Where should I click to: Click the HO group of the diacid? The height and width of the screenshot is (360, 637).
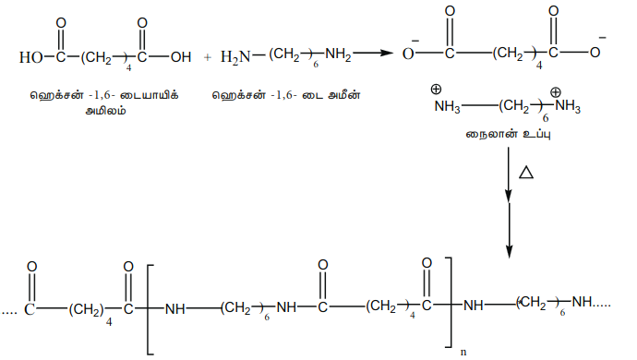(30, 57)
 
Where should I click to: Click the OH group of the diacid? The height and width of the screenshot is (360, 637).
(181, 57)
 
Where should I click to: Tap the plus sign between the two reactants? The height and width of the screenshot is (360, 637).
(208, 58)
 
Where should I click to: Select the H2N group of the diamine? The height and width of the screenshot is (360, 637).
(235, 57)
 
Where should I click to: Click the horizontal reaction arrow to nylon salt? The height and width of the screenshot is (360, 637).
(373, 53)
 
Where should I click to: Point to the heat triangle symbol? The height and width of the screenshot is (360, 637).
(526, 173)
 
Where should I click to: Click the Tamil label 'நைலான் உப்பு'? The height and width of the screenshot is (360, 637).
(509, 134)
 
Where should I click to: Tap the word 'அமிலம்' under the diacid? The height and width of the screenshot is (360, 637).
(105, 111)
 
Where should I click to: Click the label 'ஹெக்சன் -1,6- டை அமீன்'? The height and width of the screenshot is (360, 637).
(286, 95)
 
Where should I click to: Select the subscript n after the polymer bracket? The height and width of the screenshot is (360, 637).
(463, 352)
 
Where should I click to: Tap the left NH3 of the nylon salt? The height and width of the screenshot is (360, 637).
(447, 107)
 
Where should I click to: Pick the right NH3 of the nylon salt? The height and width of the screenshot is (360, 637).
(568, 106)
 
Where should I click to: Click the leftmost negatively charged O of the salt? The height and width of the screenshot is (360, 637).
(408, 54)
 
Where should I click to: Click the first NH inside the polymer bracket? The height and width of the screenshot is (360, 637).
(175, 309)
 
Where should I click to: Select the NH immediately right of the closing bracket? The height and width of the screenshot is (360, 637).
(474, 306)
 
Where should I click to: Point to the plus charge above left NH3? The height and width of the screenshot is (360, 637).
(436, 89)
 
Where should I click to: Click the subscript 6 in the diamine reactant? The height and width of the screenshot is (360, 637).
(316, 65)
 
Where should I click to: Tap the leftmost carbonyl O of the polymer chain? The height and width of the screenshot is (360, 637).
(31, 267)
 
